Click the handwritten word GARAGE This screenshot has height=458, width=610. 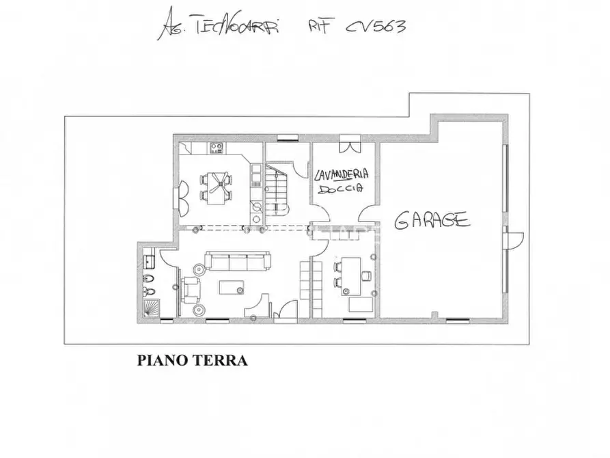tap(432, 220)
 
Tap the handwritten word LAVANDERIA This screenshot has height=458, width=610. tap(340, 173)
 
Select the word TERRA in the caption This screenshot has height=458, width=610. tap(219, 360)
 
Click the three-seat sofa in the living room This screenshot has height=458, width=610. tap(238, 261)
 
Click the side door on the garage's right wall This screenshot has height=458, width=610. tap(512, 241)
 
